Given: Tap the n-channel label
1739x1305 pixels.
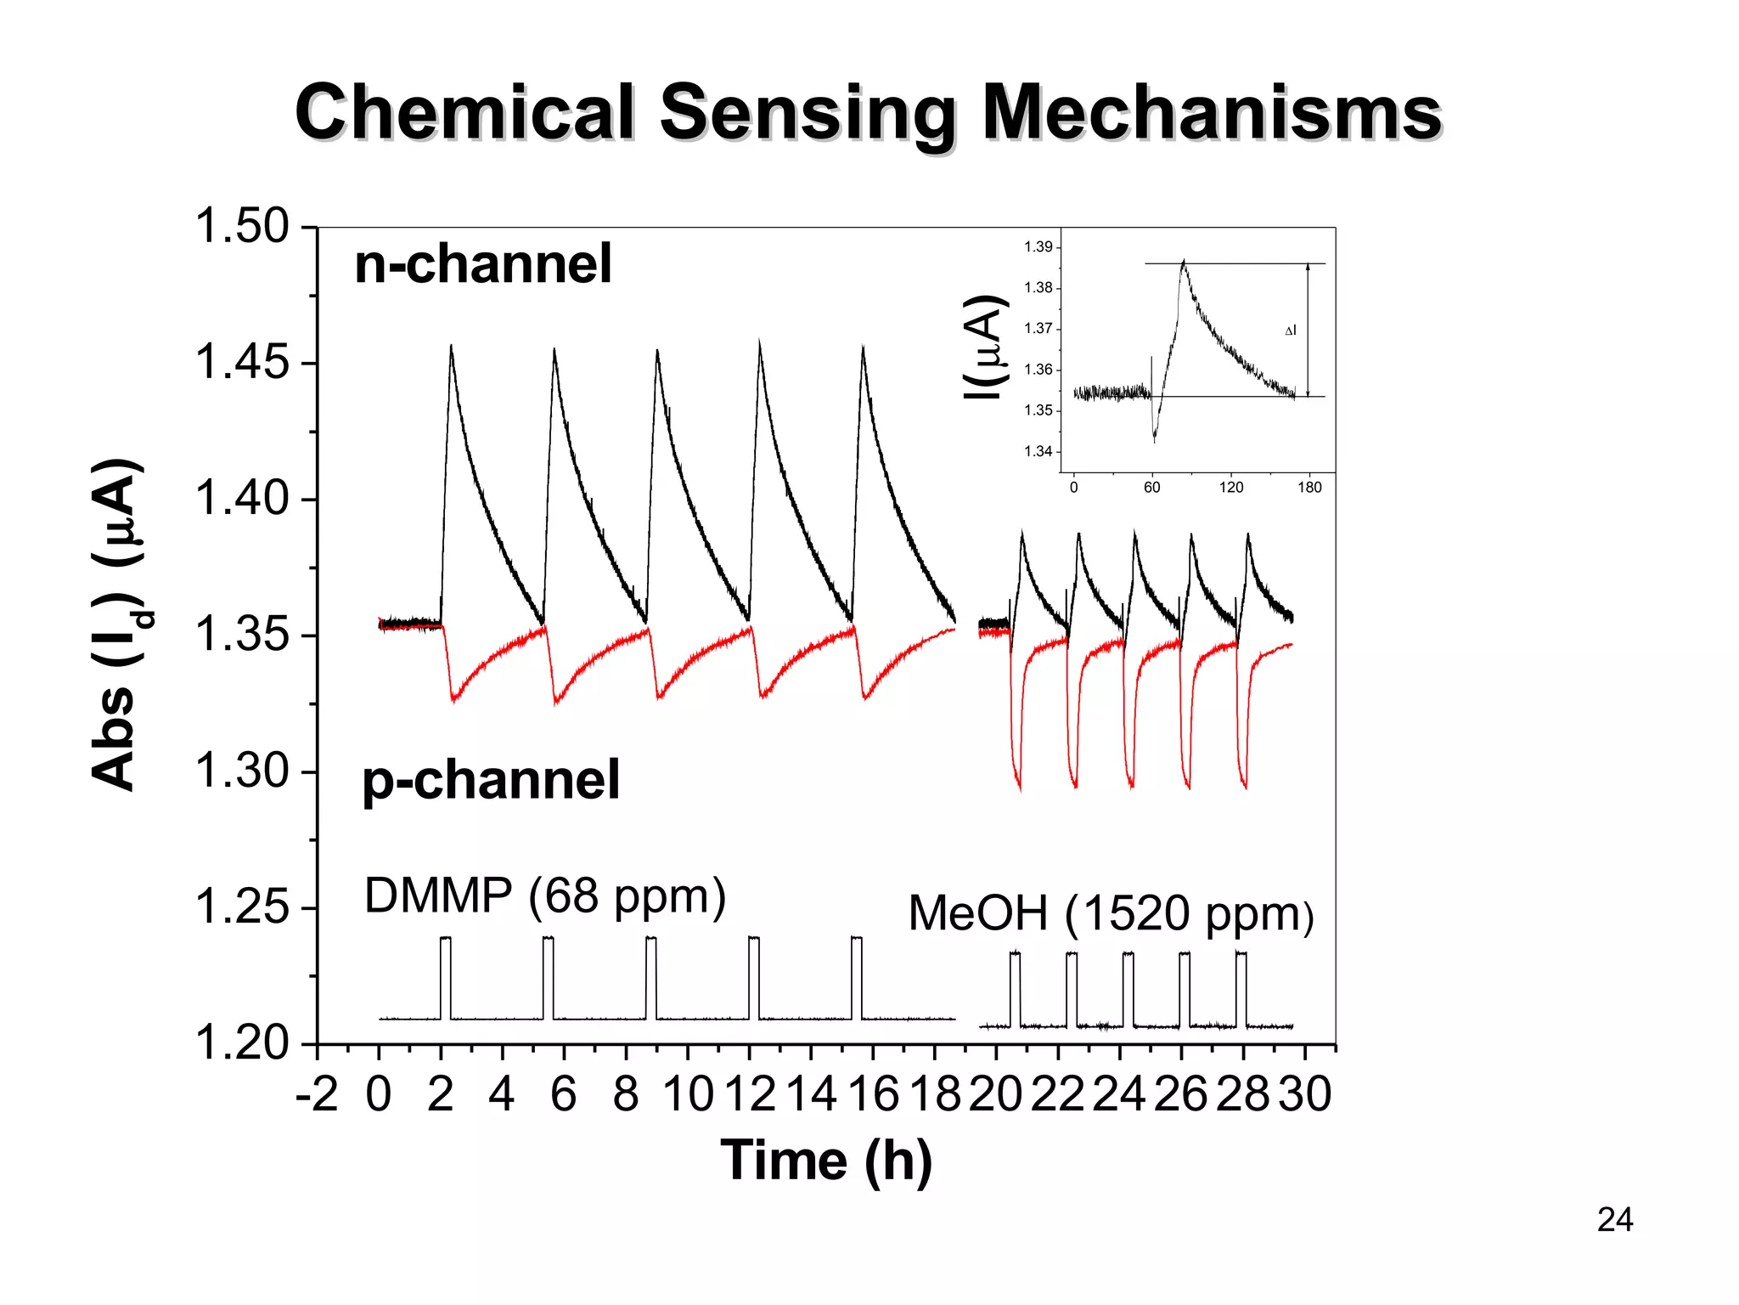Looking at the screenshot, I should click(482, 263).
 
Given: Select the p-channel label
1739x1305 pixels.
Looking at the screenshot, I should click(491, 779).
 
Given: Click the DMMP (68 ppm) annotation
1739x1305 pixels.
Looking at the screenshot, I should click(544, 895).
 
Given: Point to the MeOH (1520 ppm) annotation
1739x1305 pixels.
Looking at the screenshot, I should click(1111, 914).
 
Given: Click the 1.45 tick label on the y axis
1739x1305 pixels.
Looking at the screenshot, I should click(242, 362).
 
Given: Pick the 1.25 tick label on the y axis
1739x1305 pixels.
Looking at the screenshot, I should click(242, 907).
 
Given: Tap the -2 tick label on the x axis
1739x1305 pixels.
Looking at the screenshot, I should click(317, 1094).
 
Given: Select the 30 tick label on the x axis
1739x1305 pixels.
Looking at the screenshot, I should click(1305, 1094).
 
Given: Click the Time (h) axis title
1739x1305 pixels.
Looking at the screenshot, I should click(825, 1161).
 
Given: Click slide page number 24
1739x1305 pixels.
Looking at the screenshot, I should click(1614, 1220).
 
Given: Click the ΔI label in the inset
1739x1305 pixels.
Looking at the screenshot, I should click(1290, 330).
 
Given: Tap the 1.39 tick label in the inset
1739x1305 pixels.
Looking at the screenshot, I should click(1038, 247).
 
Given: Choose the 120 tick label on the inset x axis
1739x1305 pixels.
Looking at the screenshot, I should click(1230, 488).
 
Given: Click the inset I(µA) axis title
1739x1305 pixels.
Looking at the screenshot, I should click(985, 347).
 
